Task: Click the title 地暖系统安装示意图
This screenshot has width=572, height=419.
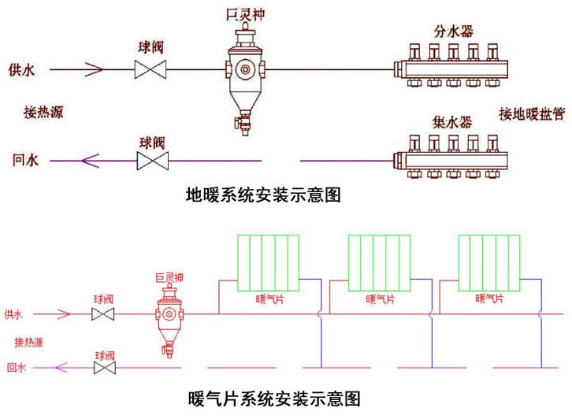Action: (262, 195)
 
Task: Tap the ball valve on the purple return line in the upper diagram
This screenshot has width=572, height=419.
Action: (150, 161)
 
